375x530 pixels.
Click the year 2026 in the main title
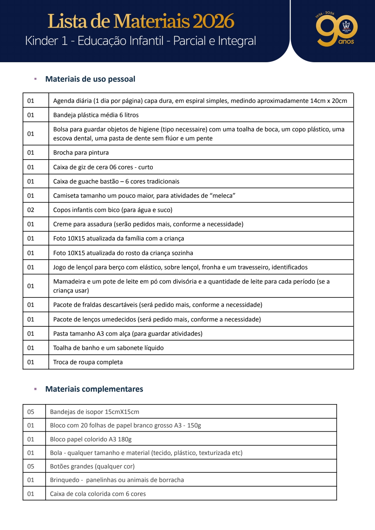coord(213,21)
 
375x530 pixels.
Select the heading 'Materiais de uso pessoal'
coord(90,79)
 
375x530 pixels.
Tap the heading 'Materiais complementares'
coord(94,389)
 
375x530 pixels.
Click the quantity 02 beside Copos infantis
coord(31,210)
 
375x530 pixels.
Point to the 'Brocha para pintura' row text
coord(81,153)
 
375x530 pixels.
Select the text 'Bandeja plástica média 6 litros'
coord(96,115)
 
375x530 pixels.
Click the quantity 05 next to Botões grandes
coord(31,466)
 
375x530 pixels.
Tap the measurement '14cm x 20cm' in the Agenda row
coord(328,101)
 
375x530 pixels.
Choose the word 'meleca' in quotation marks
coord(223,196)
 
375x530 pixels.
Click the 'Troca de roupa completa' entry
coord(88,362)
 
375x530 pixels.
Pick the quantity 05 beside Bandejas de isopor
coord(31,412)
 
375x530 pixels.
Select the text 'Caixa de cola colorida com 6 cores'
coord(98,494)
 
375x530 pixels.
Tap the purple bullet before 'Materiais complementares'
coord(35,389)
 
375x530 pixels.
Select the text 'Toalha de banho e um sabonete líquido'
coord(108,348)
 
